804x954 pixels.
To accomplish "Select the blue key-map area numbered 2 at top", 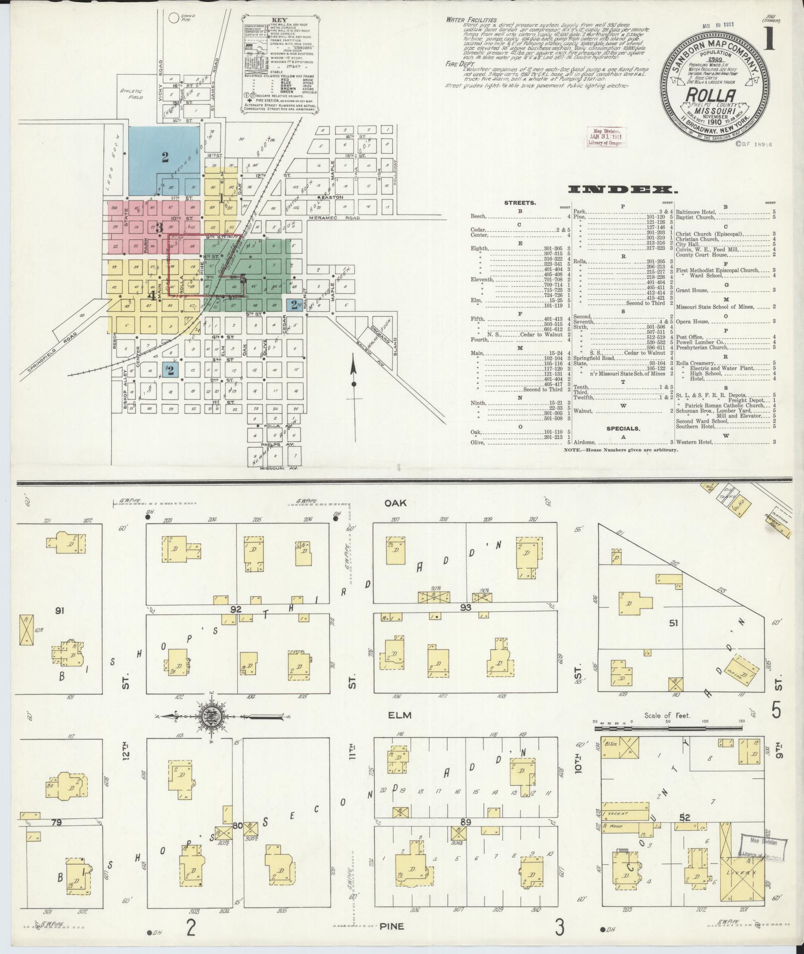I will point(165,158).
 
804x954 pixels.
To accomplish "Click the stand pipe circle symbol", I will point(173,18).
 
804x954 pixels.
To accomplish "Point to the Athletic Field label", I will point(131,94).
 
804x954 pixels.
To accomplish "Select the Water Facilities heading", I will point(468,20).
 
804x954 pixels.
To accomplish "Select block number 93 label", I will point(466,607).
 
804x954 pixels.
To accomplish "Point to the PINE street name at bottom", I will point(405,927).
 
